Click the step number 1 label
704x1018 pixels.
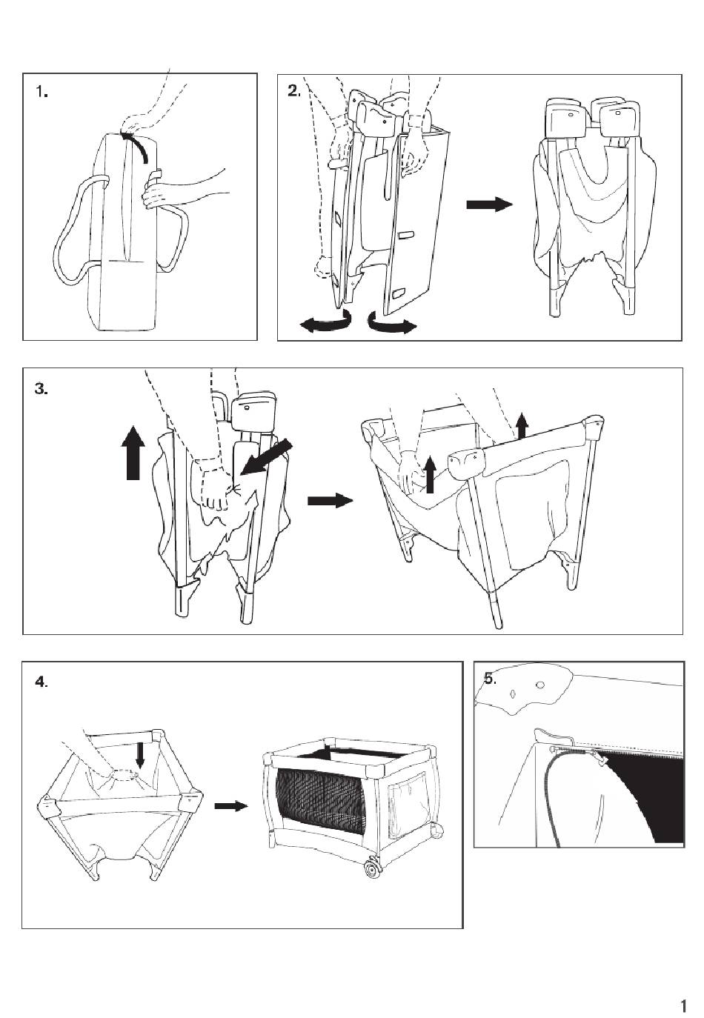[42, 93]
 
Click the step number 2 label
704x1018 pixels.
[294, 91]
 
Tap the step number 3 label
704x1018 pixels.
[41, 390]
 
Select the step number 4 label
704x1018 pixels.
[41, 682]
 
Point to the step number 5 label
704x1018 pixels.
[490, 679]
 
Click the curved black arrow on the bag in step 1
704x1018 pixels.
[137, 144]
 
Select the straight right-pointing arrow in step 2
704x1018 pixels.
[490, 204]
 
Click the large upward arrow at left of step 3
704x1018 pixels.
[133, 452]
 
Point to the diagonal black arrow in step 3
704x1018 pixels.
[266, 458]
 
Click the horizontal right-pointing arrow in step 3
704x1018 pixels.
[331, 500]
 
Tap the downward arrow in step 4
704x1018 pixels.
[140, 755]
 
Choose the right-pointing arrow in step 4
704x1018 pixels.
[231, 806]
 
